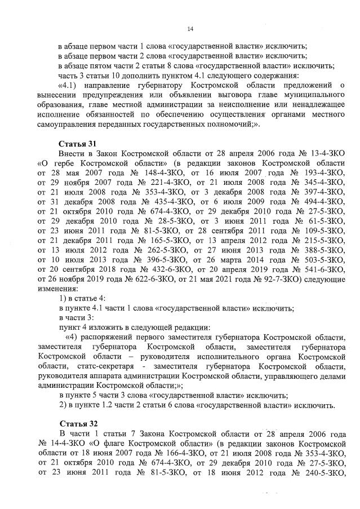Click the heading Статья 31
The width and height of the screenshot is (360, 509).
click(x=78, y=143)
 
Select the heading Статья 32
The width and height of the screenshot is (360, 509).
click(x=78, y=422)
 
